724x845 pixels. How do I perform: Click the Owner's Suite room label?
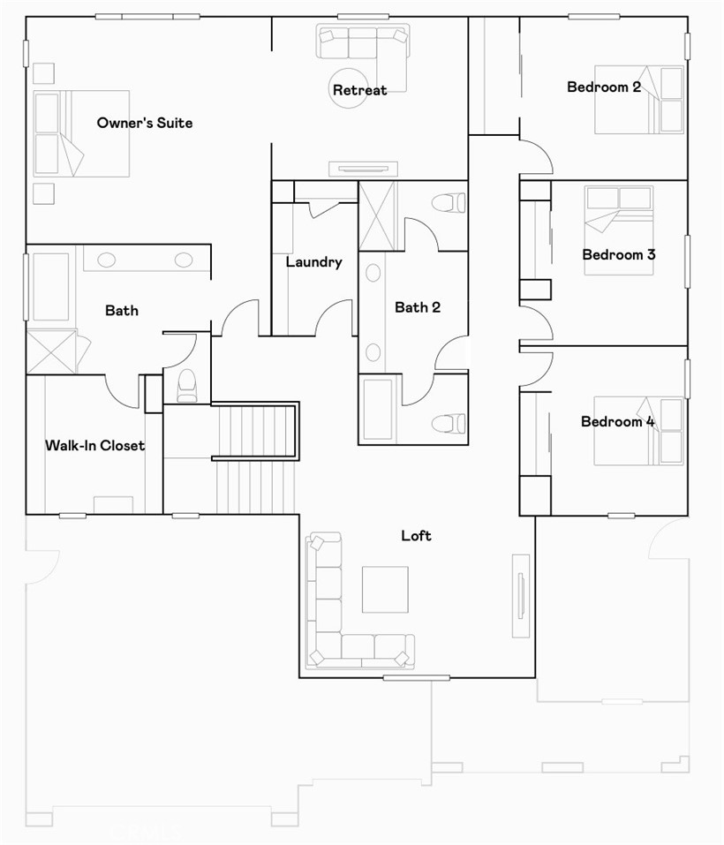click(145, 123)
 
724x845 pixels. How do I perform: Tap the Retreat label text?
click(359, 90)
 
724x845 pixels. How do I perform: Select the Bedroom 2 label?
click(604, 87)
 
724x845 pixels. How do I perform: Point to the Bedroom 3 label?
click(618, 254)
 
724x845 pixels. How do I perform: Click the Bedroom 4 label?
click(617, 421)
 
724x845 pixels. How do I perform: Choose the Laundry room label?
click(313, 262)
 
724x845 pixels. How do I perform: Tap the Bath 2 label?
click(418, 307)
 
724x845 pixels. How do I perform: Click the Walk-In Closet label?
click(94, 445)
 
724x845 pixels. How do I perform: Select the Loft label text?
click(416, 535)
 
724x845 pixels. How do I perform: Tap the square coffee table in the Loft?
click(385, 589)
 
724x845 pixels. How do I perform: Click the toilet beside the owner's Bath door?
click(187, 385)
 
